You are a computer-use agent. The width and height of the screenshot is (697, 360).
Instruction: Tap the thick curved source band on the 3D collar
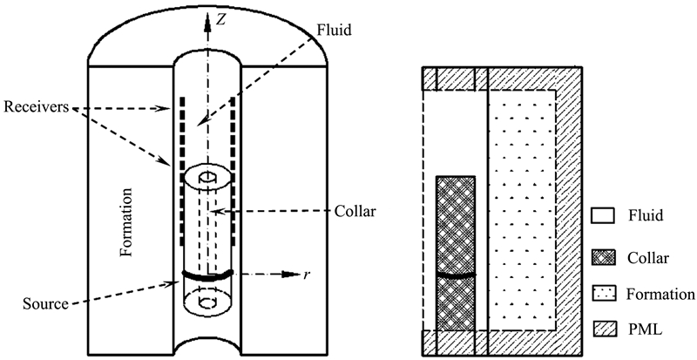(208, 275)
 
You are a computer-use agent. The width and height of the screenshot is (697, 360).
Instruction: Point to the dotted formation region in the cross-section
(523, 209)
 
